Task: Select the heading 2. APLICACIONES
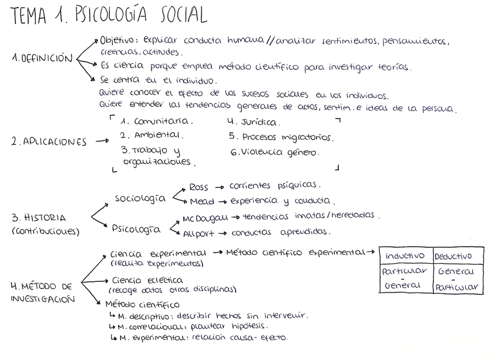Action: click(49, 142)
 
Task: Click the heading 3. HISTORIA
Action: click(39, 217)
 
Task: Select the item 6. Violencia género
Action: click(275, 152)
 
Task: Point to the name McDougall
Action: click(205, 218)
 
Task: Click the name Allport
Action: click(199, 233)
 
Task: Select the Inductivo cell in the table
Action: click(405, 256)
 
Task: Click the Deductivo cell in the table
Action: click(457, 256)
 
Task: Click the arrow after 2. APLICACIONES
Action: click(102, 141)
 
